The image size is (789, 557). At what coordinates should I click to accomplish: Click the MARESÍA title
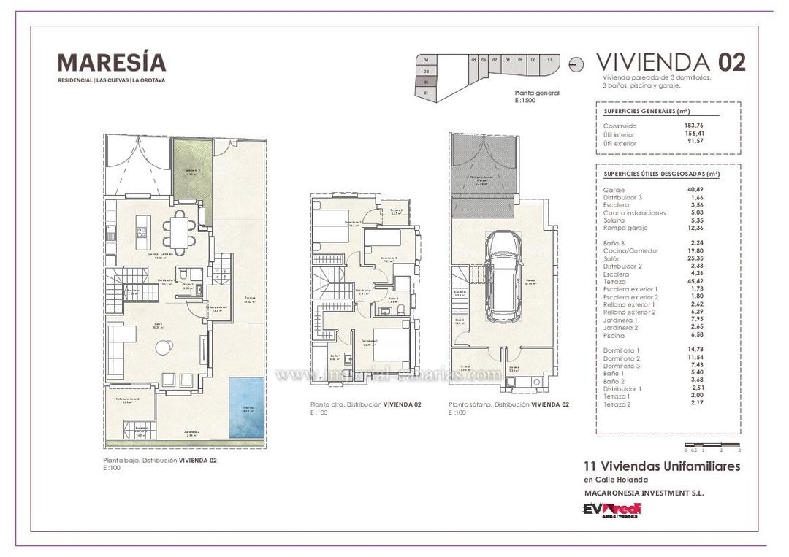pyautogui.click(x=112, y=63)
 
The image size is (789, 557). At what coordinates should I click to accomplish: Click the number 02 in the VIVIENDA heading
pyautogui.click(x=732, y=62)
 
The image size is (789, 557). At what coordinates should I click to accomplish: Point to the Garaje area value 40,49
pyautogui.click(x=695, y=190)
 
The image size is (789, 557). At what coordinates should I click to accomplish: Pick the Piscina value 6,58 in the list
pyautogui.click(x=695, y=335)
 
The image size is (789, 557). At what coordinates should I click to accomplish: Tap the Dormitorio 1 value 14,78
pyautogui.click(x=695, y=350)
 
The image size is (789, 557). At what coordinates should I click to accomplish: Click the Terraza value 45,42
pyautogui.click(x=695, y=281)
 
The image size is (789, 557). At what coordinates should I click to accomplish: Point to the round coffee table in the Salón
pyautogui.click(x=161, y=349)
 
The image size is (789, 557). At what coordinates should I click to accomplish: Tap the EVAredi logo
pyautogui.click(x=611, y=510)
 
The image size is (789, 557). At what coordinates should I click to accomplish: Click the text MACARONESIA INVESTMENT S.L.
pyautogui.click(x=644, y=493)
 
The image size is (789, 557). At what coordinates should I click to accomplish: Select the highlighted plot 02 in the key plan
pyautogui.click(x=426, y=82)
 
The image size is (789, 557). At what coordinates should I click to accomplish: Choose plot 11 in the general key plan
pyautogui.click(x=549, y=60)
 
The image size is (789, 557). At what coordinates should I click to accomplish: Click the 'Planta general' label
pyautogui.click(x=537, y=93)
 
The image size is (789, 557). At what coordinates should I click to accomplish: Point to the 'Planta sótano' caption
pyautogui.click(x=508, y=404)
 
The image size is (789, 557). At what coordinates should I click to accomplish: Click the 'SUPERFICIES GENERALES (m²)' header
pyautogui.click(x=647, y=111)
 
